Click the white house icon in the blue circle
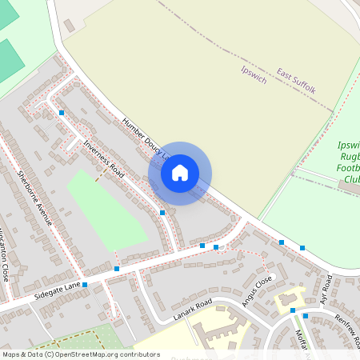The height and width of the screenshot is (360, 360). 180,173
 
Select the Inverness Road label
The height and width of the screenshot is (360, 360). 104,158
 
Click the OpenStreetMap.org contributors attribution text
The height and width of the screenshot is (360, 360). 105,354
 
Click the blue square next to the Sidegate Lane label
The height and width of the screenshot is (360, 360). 85,284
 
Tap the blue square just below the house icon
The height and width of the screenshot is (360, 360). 162,212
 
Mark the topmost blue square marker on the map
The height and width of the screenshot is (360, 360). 62,113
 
